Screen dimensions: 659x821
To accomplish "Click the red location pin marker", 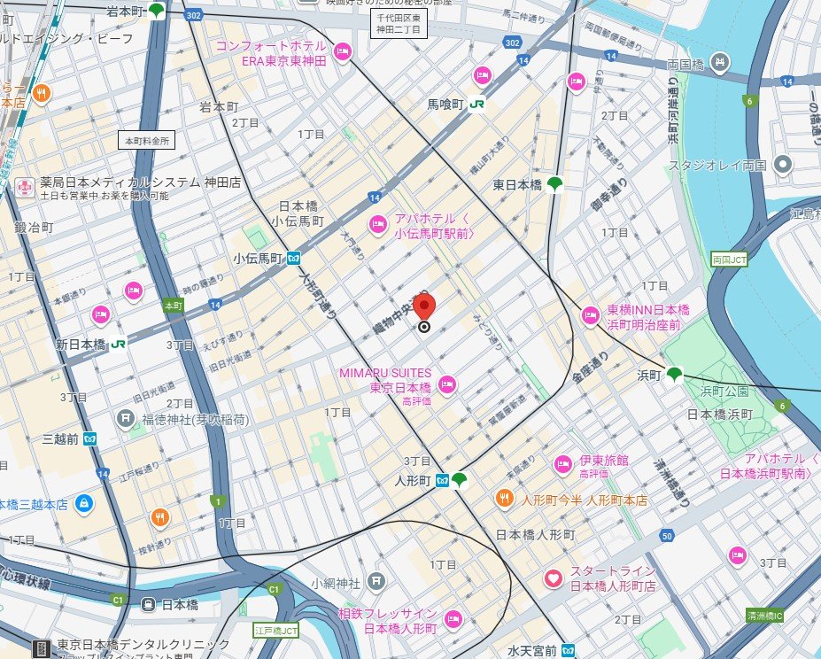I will (425, 309).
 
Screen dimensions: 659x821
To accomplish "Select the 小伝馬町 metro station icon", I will (292, 259).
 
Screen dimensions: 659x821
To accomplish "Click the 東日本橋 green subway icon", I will (555, 184).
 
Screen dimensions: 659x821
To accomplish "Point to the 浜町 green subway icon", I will (675, 374).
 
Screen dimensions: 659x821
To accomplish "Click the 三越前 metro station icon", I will (90, 438).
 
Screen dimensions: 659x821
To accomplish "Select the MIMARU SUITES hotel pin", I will (448, 384).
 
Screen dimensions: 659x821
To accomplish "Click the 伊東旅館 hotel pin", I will (563, 463).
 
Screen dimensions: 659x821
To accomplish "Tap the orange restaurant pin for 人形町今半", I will (504, 498).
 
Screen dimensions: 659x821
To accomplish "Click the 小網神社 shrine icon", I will (376, 582).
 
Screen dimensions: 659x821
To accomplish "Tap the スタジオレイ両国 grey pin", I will (783, 165).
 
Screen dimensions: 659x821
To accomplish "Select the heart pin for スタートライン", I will (554, 579).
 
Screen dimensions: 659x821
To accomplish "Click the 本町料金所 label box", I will (147, 140).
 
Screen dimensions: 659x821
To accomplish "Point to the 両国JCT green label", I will (730, 260).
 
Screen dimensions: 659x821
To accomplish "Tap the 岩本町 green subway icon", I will (157, 11).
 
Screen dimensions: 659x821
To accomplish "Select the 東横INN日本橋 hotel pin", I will (591, 315).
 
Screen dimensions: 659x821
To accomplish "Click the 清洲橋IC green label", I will (763, 615).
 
